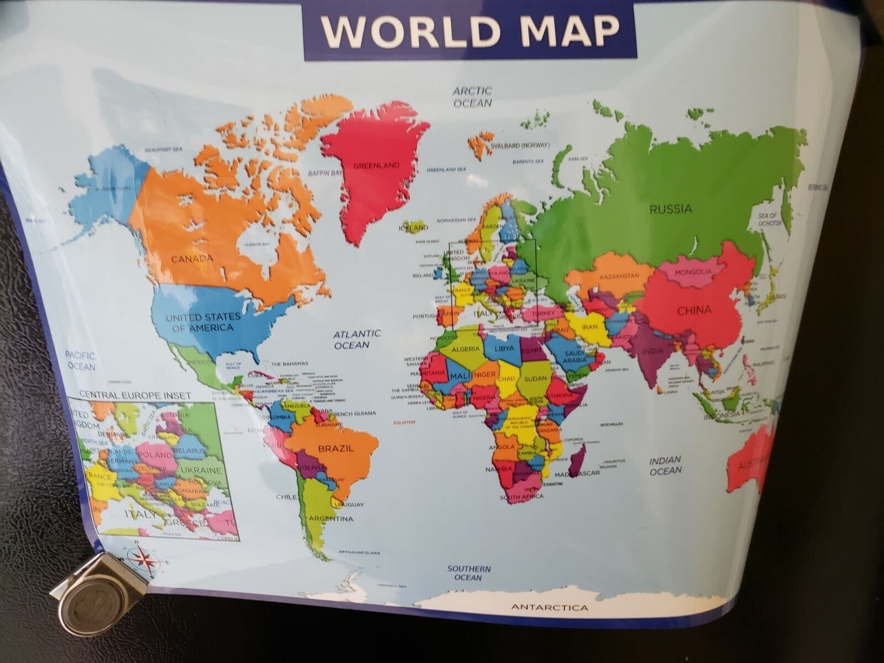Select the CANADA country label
point(192,259)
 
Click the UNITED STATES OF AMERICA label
point(203,322)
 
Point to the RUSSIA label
point(670,209)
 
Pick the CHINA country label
point(694,311)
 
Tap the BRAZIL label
point(335,448)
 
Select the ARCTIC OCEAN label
point(472,97)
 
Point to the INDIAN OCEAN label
point(665,465)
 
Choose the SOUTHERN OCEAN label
point(469,573)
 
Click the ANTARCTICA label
point(549,624)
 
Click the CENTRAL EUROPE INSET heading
point(135,396)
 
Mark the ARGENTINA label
point(331,519)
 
